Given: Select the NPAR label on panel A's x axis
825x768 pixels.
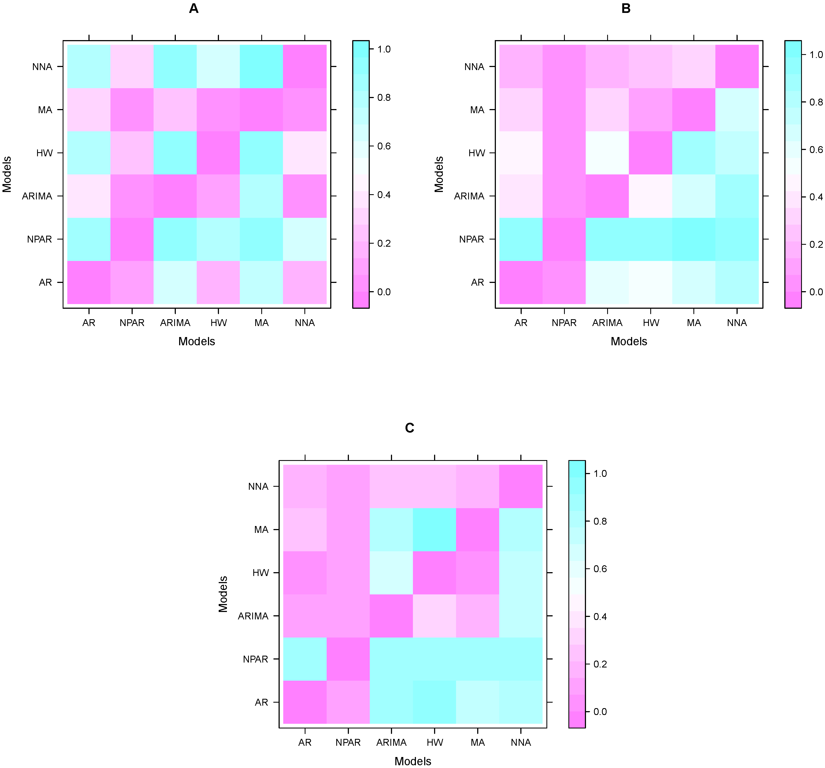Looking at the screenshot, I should click(132, 323).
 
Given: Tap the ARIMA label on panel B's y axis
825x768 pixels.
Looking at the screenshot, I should click(469, 196).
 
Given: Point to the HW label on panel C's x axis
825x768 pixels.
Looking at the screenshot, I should click(435, 742).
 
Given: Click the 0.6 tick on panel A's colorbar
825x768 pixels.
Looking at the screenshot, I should click(384, 146).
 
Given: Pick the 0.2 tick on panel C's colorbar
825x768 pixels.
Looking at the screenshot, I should click(600, 664).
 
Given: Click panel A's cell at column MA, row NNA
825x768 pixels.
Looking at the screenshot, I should click(262, 66).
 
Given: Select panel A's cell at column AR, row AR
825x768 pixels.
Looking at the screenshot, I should click(89, 282).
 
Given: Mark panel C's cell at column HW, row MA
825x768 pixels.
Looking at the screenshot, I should click(435, 529).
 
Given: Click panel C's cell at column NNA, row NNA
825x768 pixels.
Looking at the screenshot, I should click(521, 486).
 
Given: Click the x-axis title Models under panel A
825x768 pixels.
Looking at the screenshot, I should click(197, 341).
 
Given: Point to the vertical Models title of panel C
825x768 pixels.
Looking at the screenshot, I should click(223, 594).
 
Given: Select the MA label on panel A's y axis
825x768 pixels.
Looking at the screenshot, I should click(45, 110).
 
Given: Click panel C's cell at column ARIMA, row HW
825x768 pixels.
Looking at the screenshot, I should click(391, 573).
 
